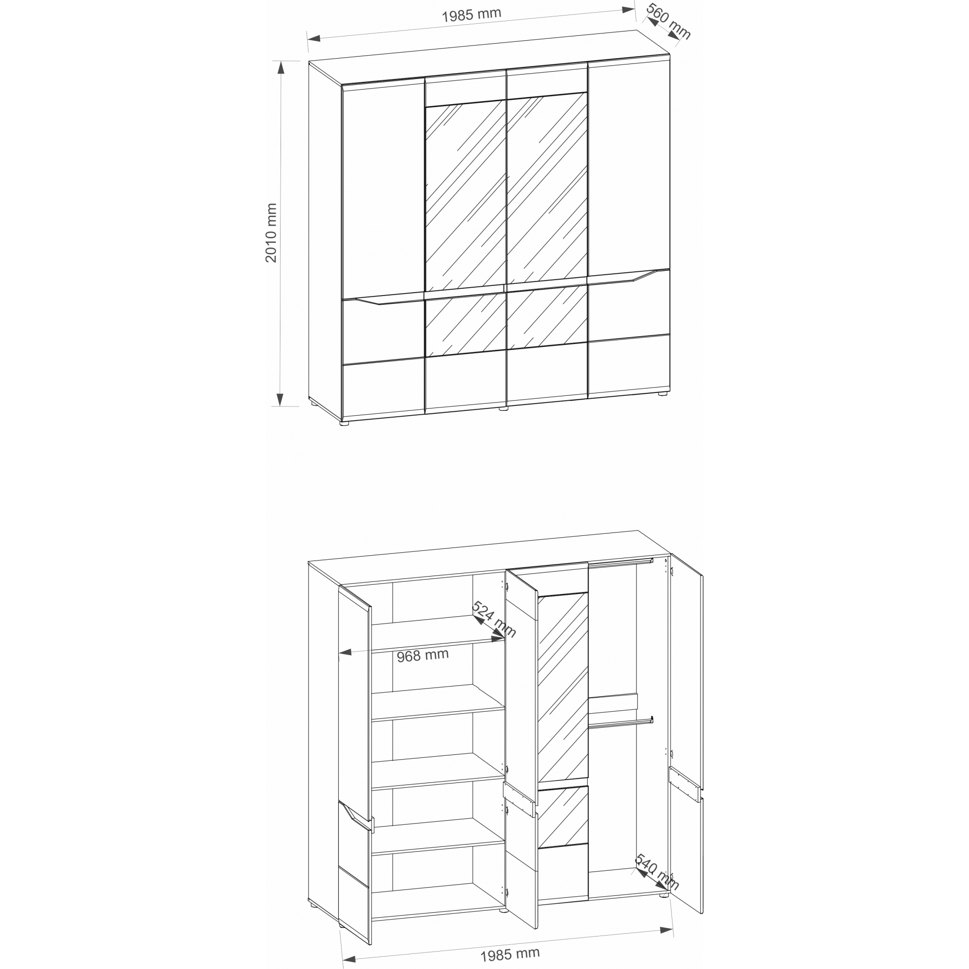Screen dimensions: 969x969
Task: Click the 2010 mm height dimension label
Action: point(271,233)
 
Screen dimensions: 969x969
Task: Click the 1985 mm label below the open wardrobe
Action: point(510,954)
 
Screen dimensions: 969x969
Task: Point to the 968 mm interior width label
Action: point(422,655)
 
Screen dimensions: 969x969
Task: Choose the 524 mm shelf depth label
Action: point(494,619)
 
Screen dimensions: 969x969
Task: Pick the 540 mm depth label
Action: point(657,872)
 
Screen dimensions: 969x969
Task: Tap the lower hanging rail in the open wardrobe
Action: point(621,723)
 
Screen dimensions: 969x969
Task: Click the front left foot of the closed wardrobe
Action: point(344,423)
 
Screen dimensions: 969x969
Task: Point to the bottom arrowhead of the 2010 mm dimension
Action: point(281,399)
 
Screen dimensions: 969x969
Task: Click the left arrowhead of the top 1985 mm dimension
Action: point(314,39)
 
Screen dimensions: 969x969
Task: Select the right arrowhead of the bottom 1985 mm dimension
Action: point(667,930)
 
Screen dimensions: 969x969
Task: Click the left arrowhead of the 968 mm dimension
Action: point(345,653)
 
